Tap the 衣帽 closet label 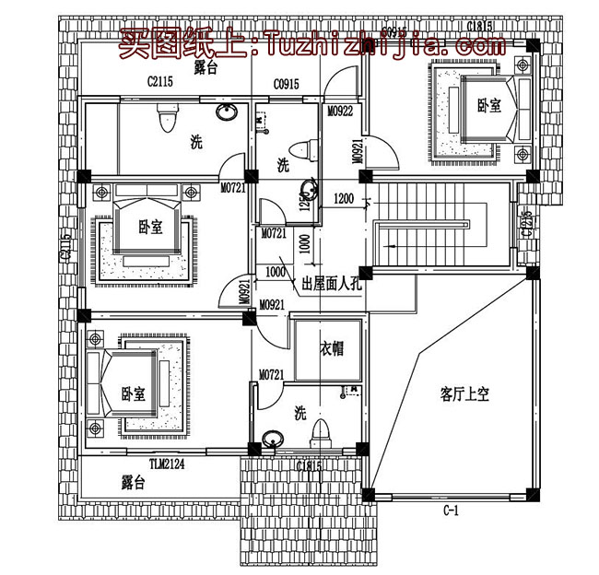pos(332,349)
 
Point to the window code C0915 pos(285,85)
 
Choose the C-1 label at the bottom pos(452,509)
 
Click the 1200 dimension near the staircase pos(343,198)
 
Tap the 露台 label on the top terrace pos(205,68)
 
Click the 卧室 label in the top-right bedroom pos(488,106)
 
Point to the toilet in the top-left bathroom pos(167,118)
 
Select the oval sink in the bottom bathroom pos(274,440)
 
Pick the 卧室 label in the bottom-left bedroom pos(133,393)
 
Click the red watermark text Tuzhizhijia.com pos(378,44)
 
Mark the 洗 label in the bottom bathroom pos(299,412)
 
